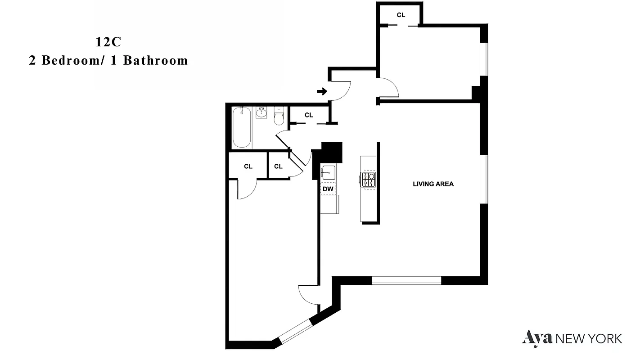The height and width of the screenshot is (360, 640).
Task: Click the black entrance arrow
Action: coord(322,92)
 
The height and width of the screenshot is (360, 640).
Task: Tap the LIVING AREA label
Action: coord(433,184)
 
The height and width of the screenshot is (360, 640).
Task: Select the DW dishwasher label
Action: coord(328,189)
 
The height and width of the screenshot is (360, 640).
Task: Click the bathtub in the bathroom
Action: coord(242,127)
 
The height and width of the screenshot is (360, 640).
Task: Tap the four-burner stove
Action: coord(369,180)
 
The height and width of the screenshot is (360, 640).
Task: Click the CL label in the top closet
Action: coord(401,15)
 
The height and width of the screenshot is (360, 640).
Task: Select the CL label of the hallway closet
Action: coord(309,115)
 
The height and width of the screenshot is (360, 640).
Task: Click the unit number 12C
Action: coord(108,42)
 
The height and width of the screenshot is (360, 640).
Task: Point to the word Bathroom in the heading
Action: coord(155,60)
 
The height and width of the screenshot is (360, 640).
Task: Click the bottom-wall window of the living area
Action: coord(407,280)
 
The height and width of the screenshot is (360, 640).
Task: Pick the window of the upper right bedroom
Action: coord(484,58)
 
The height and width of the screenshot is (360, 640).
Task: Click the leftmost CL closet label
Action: coord(248,166)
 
